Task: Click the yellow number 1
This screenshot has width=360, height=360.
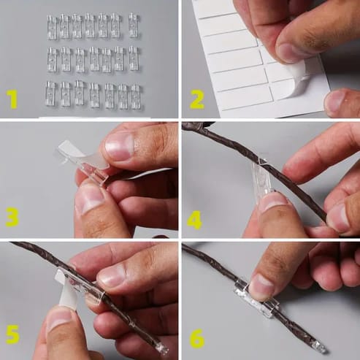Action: click(12, 99)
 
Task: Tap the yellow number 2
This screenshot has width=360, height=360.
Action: click(196, 99)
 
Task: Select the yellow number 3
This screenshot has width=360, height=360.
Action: click(12, 218)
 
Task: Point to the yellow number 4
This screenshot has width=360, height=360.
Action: click(194, 220)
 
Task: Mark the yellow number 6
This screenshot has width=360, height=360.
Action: click(197, 339)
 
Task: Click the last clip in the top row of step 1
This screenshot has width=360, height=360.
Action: click(133, 25)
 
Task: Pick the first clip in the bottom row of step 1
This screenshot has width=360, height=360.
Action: click(50, 93)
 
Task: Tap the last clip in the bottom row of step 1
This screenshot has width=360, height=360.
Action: click(135, 96)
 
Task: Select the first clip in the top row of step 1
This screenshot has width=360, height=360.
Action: click(52, 27)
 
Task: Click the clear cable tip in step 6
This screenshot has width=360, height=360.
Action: click(319, 348)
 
